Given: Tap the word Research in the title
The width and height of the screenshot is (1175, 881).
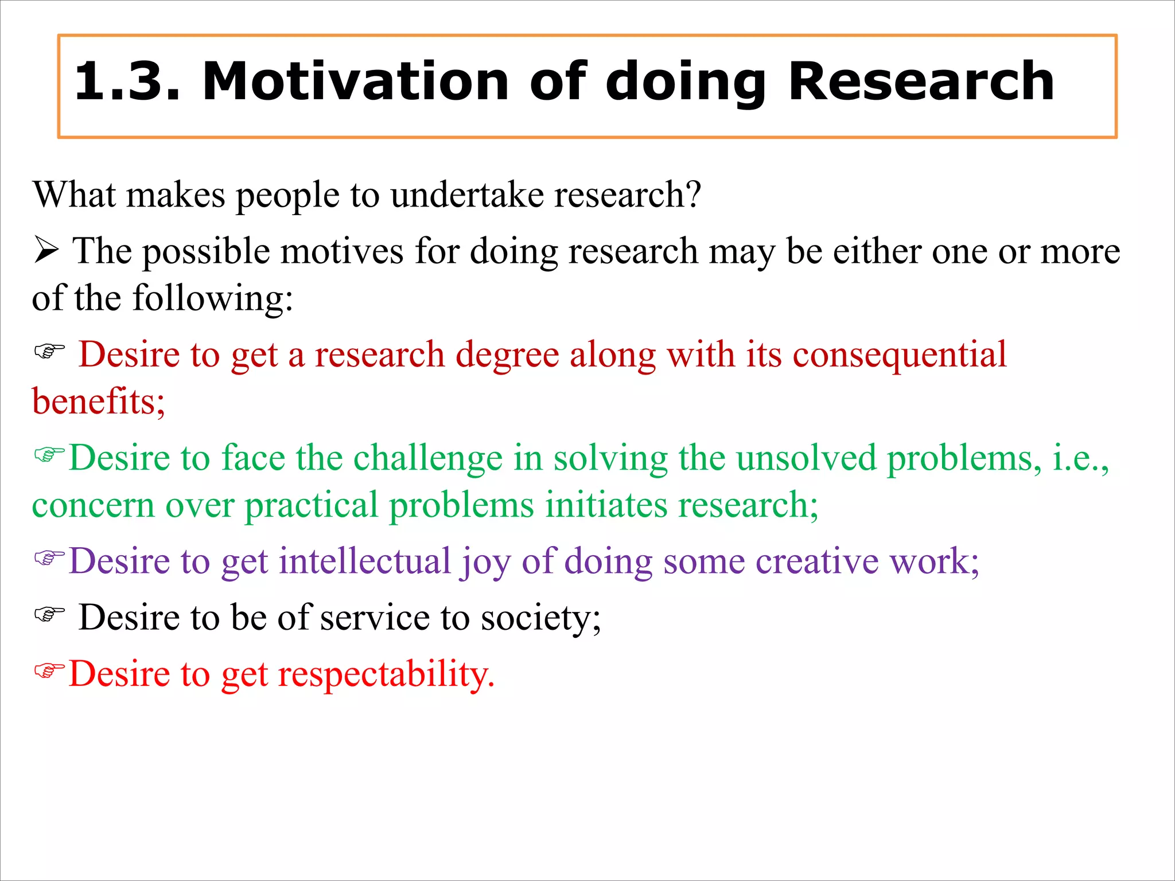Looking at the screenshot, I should click(921, 82).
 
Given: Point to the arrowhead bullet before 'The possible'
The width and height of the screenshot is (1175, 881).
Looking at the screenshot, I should click(46, 251).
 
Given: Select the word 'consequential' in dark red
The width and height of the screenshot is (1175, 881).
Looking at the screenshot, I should click(899, 355).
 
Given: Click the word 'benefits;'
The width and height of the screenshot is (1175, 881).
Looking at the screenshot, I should click(98, 401).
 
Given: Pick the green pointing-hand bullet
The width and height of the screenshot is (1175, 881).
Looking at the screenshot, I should click(49, 455).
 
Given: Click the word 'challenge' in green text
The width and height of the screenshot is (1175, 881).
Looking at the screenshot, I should click(428, 458).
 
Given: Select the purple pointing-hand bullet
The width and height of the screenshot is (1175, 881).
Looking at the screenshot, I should click(49, 557).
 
